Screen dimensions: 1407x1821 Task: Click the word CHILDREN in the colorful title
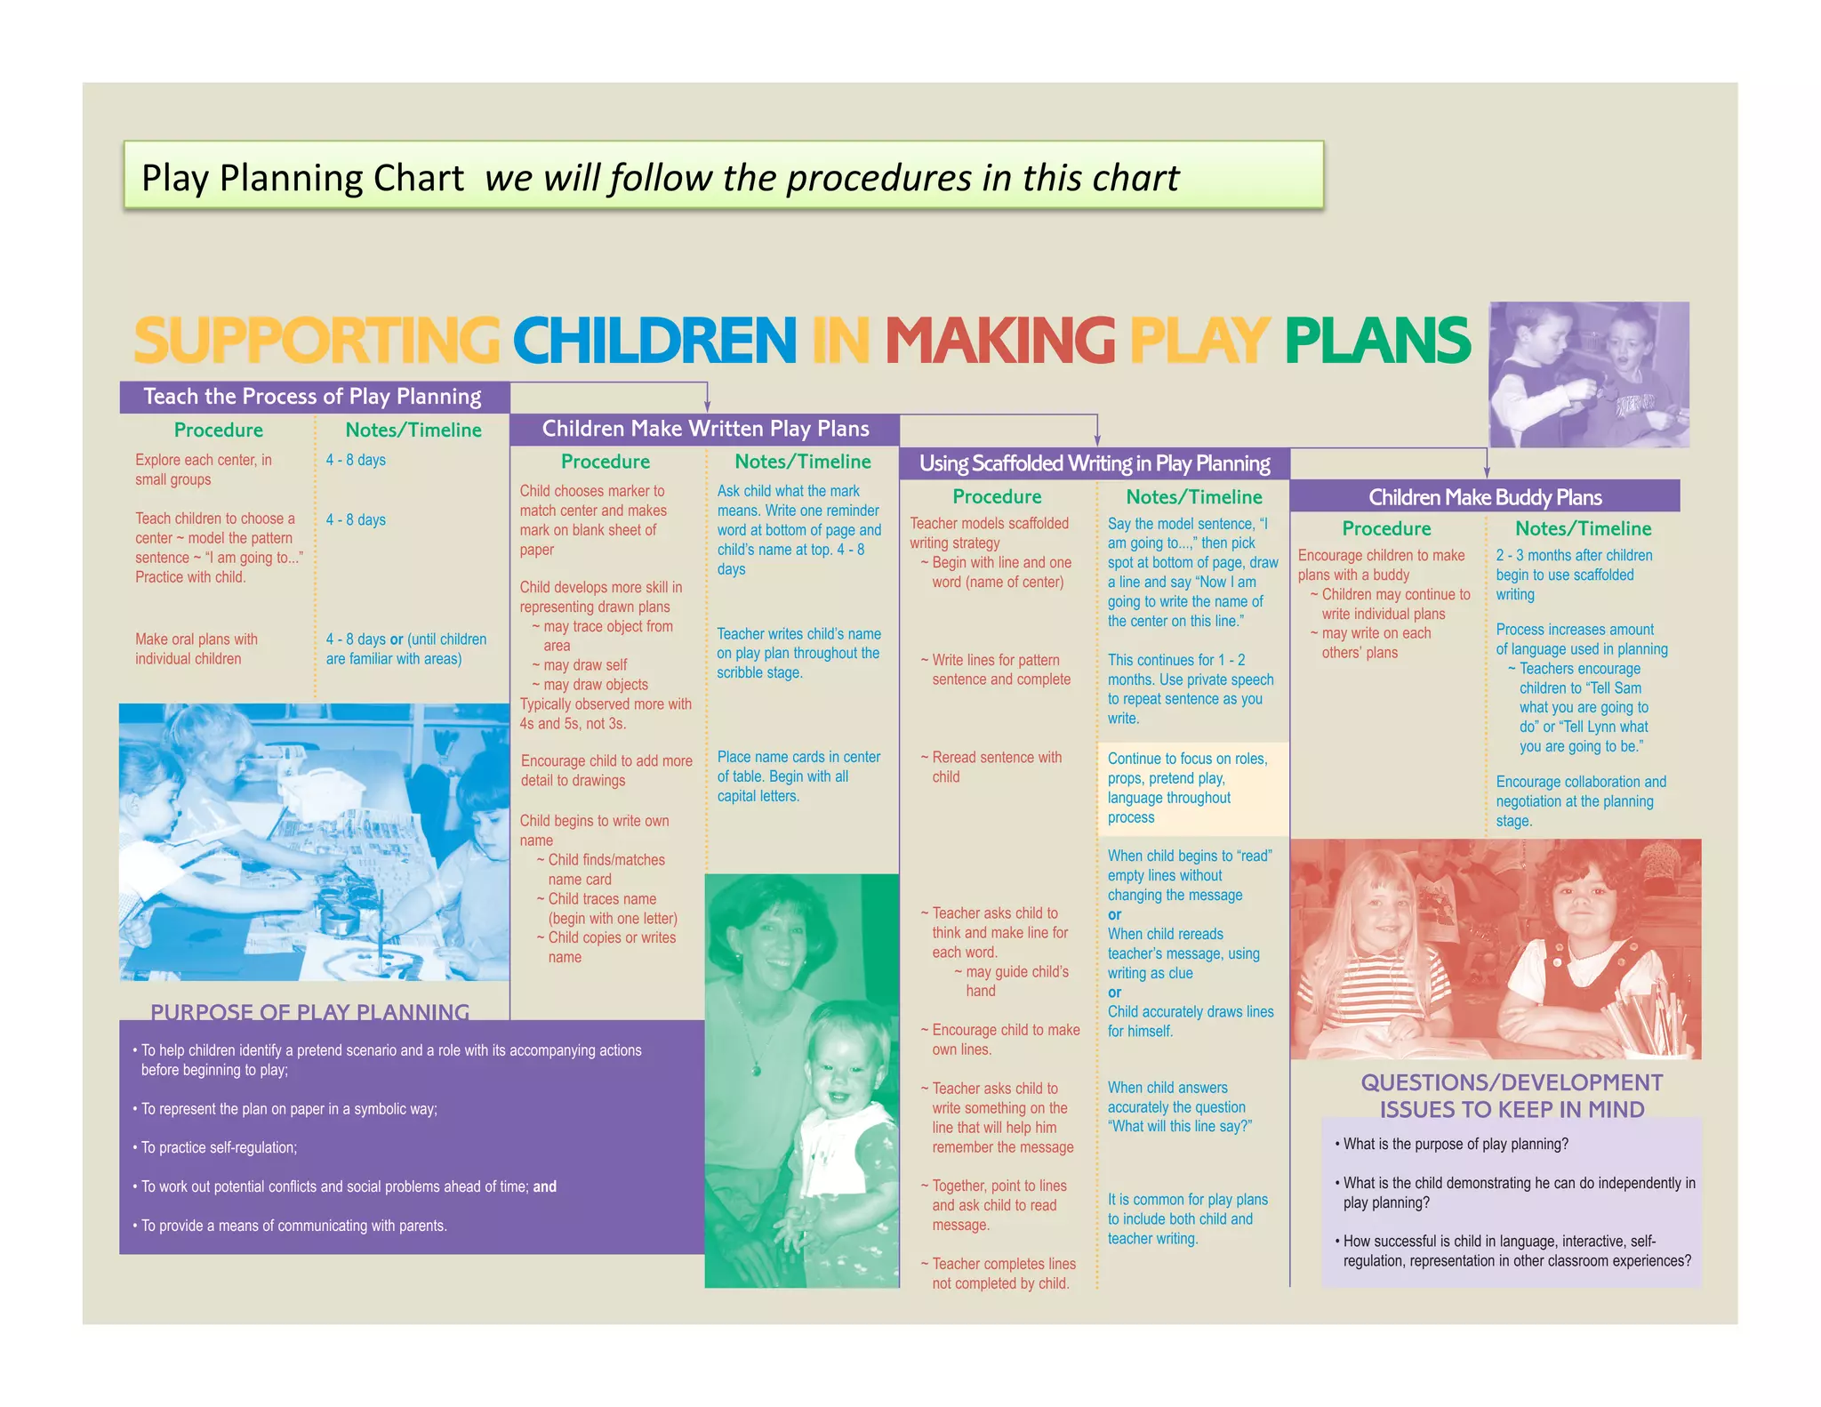click(x=654, y=341)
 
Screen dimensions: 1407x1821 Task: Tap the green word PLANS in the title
click(x=1376, y=341)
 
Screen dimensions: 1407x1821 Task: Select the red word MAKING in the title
click(x=999, y=341)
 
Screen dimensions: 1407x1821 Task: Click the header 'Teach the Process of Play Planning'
click(x=312, y=397)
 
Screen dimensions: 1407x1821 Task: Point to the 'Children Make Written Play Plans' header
click(x=705, y=429)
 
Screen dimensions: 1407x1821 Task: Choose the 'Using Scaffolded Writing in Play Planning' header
click(x=1095, y=463)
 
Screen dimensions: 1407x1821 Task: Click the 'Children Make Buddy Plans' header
click(x=1485, y=497)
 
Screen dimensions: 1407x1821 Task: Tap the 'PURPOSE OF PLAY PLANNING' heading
click(x=309, y=1012)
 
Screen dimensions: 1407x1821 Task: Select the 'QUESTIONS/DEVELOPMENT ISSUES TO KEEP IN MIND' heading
click(x=1512, y=1096)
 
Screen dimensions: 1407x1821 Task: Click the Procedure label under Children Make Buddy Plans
click(x=1386, y=528)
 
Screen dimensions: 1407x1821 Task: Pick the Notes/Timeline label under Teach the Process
click(x=413, y=430)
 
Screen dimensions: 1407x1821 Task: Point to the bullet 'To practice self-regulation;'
click(x=219, y=1147)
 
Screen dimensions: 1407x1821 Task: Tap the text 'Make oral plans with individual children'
click(x=197, y=648)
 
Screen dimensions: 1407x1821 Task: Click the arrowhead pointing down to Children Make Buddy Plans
click(x=1487, y=472)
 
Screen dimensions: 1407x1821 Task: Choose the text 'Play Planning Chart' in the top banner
click(x=302, y=178)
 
